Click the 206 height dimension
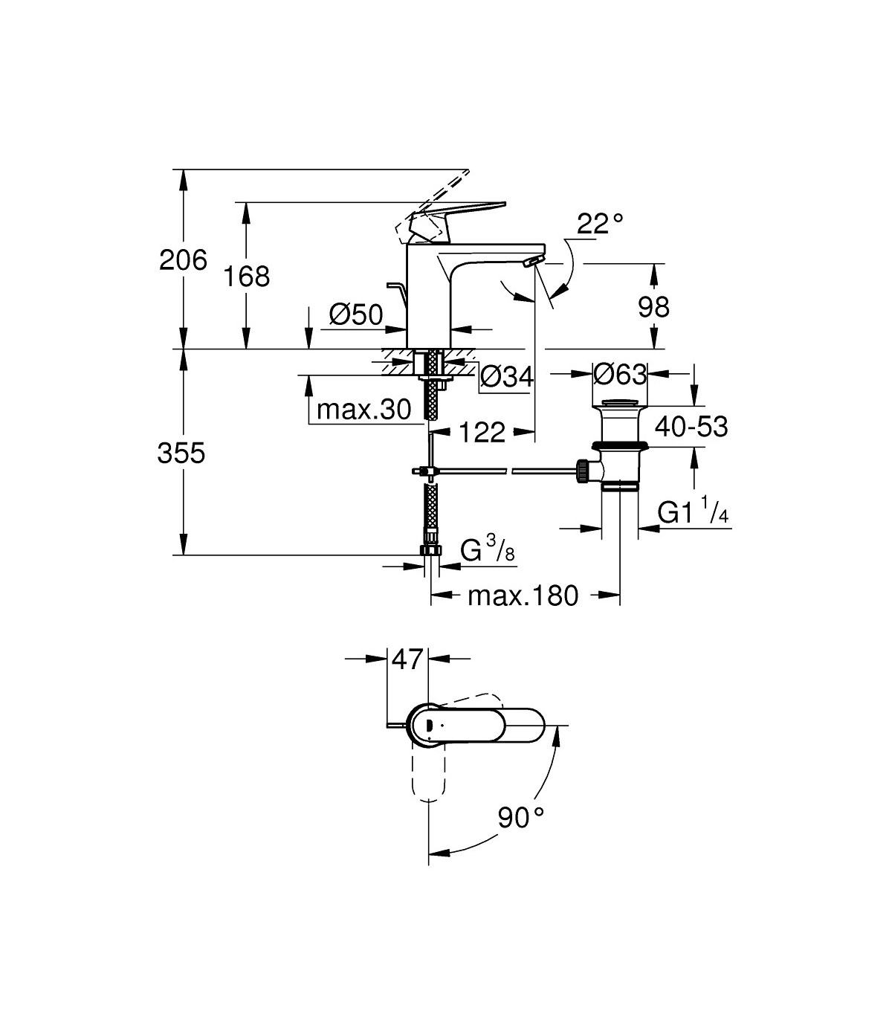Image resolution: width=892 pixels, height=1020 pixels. coord(183,261)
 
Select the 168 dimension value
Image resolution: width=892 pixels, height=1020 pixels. coord(247,277)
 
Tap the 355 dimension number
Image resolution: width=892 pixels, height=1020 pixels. coord(181,453)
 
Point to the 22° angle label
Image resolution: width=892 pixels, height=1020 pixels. coord(598,224)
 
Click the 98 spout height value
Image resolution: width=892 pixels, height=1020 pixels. coord(653,306)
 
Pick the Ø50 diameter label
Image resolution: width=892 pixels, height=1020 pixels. coord(356,315)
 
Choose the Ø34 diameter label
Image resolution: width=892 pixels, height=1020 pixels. coord(507,378)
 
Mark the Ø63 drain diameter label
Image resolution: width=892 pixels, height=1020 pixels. coord(620,375)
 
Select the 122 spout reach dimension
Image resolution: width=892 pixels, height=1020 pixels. coord(482,432)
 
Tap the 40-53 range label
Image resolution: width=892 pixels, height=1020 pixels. coord(690,427)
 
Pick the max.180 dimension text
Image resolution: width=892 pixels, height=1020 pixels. coord(523,595)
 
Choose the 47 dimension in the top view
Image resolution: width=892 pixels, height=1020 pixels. coord(407,659)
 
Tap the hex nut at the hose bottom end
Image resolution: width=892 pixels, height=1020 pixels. coord(430,550)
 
